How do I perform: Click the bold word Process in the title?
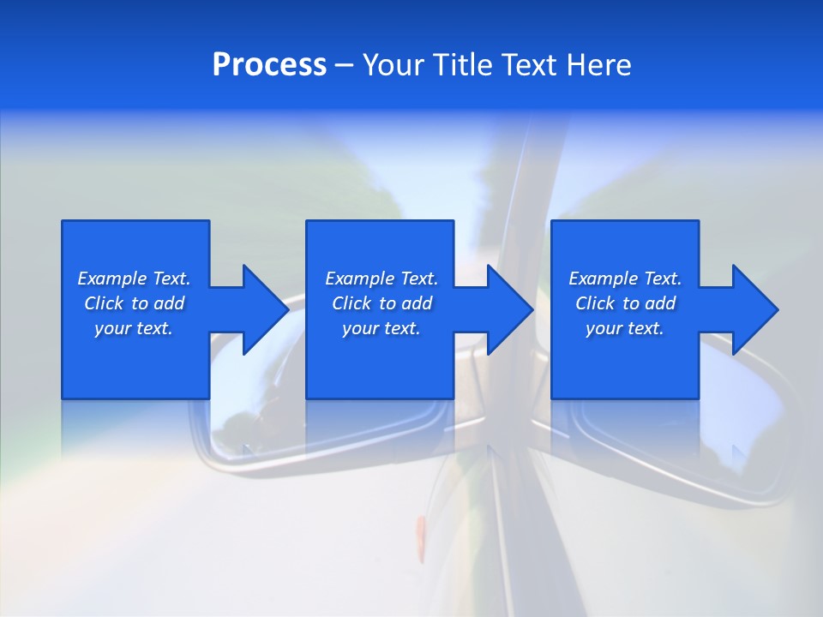269,64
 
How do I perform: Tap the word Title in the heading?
463,64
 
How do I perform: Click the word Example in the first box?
111,279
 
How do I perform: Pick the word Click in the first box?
105,303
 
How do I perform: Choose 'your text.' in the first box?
134,328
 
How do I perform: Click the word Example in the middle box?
359,279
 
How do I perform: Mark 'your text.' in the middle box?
381,328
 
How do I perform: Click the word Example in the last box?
603,279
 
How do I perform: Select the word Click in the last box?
596,303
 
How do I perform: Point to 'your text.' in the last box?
625,328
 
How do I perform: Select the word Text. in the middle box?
418,279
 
